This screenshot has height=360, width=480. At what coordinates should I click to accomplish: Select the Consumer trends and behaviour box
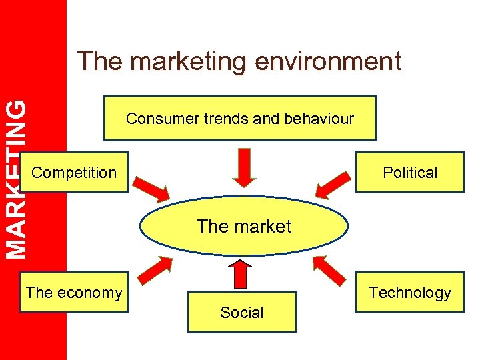pyautogui.click(x=240, y=118)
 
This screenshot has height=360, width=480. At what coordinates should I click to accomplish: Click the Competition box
pyautogui.click(x=74, y=173)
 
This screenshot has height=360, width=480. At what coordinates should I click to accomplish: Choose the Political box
pyautogui.click(x=410, y=173)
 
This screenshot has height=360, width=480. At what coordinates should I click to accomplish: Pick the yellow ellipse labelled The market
pyautogui.click(x=244, y=226)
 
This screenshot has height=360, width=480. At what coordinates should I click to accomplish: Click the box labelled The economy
pyautogui.click(x=74, y=292)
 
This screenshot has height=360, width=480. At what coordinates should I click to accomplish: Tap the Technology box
pyautogui.click(x=410, y=292)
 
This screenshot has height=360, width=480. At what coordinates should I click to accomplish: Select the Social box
pyautogui.click(x=241, y=312)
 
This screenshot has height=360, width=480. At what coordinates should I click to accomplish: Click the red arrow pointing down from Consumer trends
pyautogui.click(x=245, y=165)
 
